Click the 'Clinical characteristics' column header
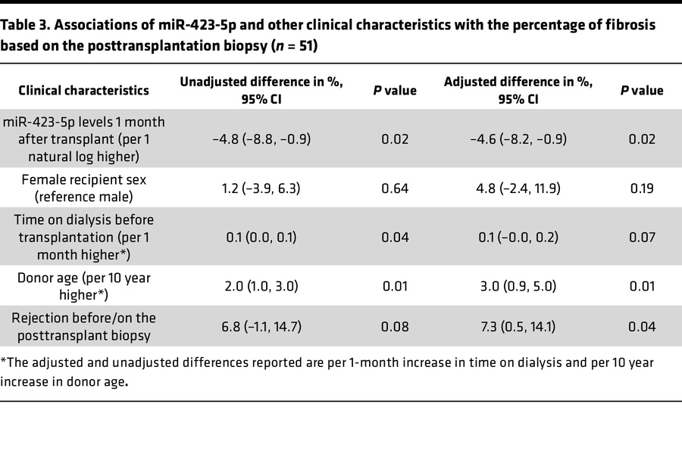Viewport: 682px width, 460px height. pyautogui.click(x=83, y=90)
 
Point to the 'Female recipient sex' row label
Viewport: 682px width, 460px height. pyautogui.click(x=83, y=188)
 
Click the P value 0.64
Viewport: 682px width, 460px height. pyautogui.click(x=395, y=188)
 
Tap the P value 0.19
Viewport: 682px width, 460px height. pyautogui.click(x=641, y=188)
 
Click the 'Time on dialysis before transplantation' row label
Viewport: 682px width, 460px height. pyautogui.click(x=83, y=237)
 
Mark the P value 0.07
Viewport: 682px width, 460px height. pyautogui.click(x=641, y=237)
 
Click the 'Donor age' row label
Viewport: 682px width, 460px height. pyautogui.click(x=83, y=285)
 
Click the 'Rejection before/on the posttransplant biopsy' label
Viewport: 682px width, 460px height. pyautogui.click(x=83, y=328)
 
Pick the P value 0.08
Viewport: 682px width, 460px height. pyautogui.click(x=395, y=328)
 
